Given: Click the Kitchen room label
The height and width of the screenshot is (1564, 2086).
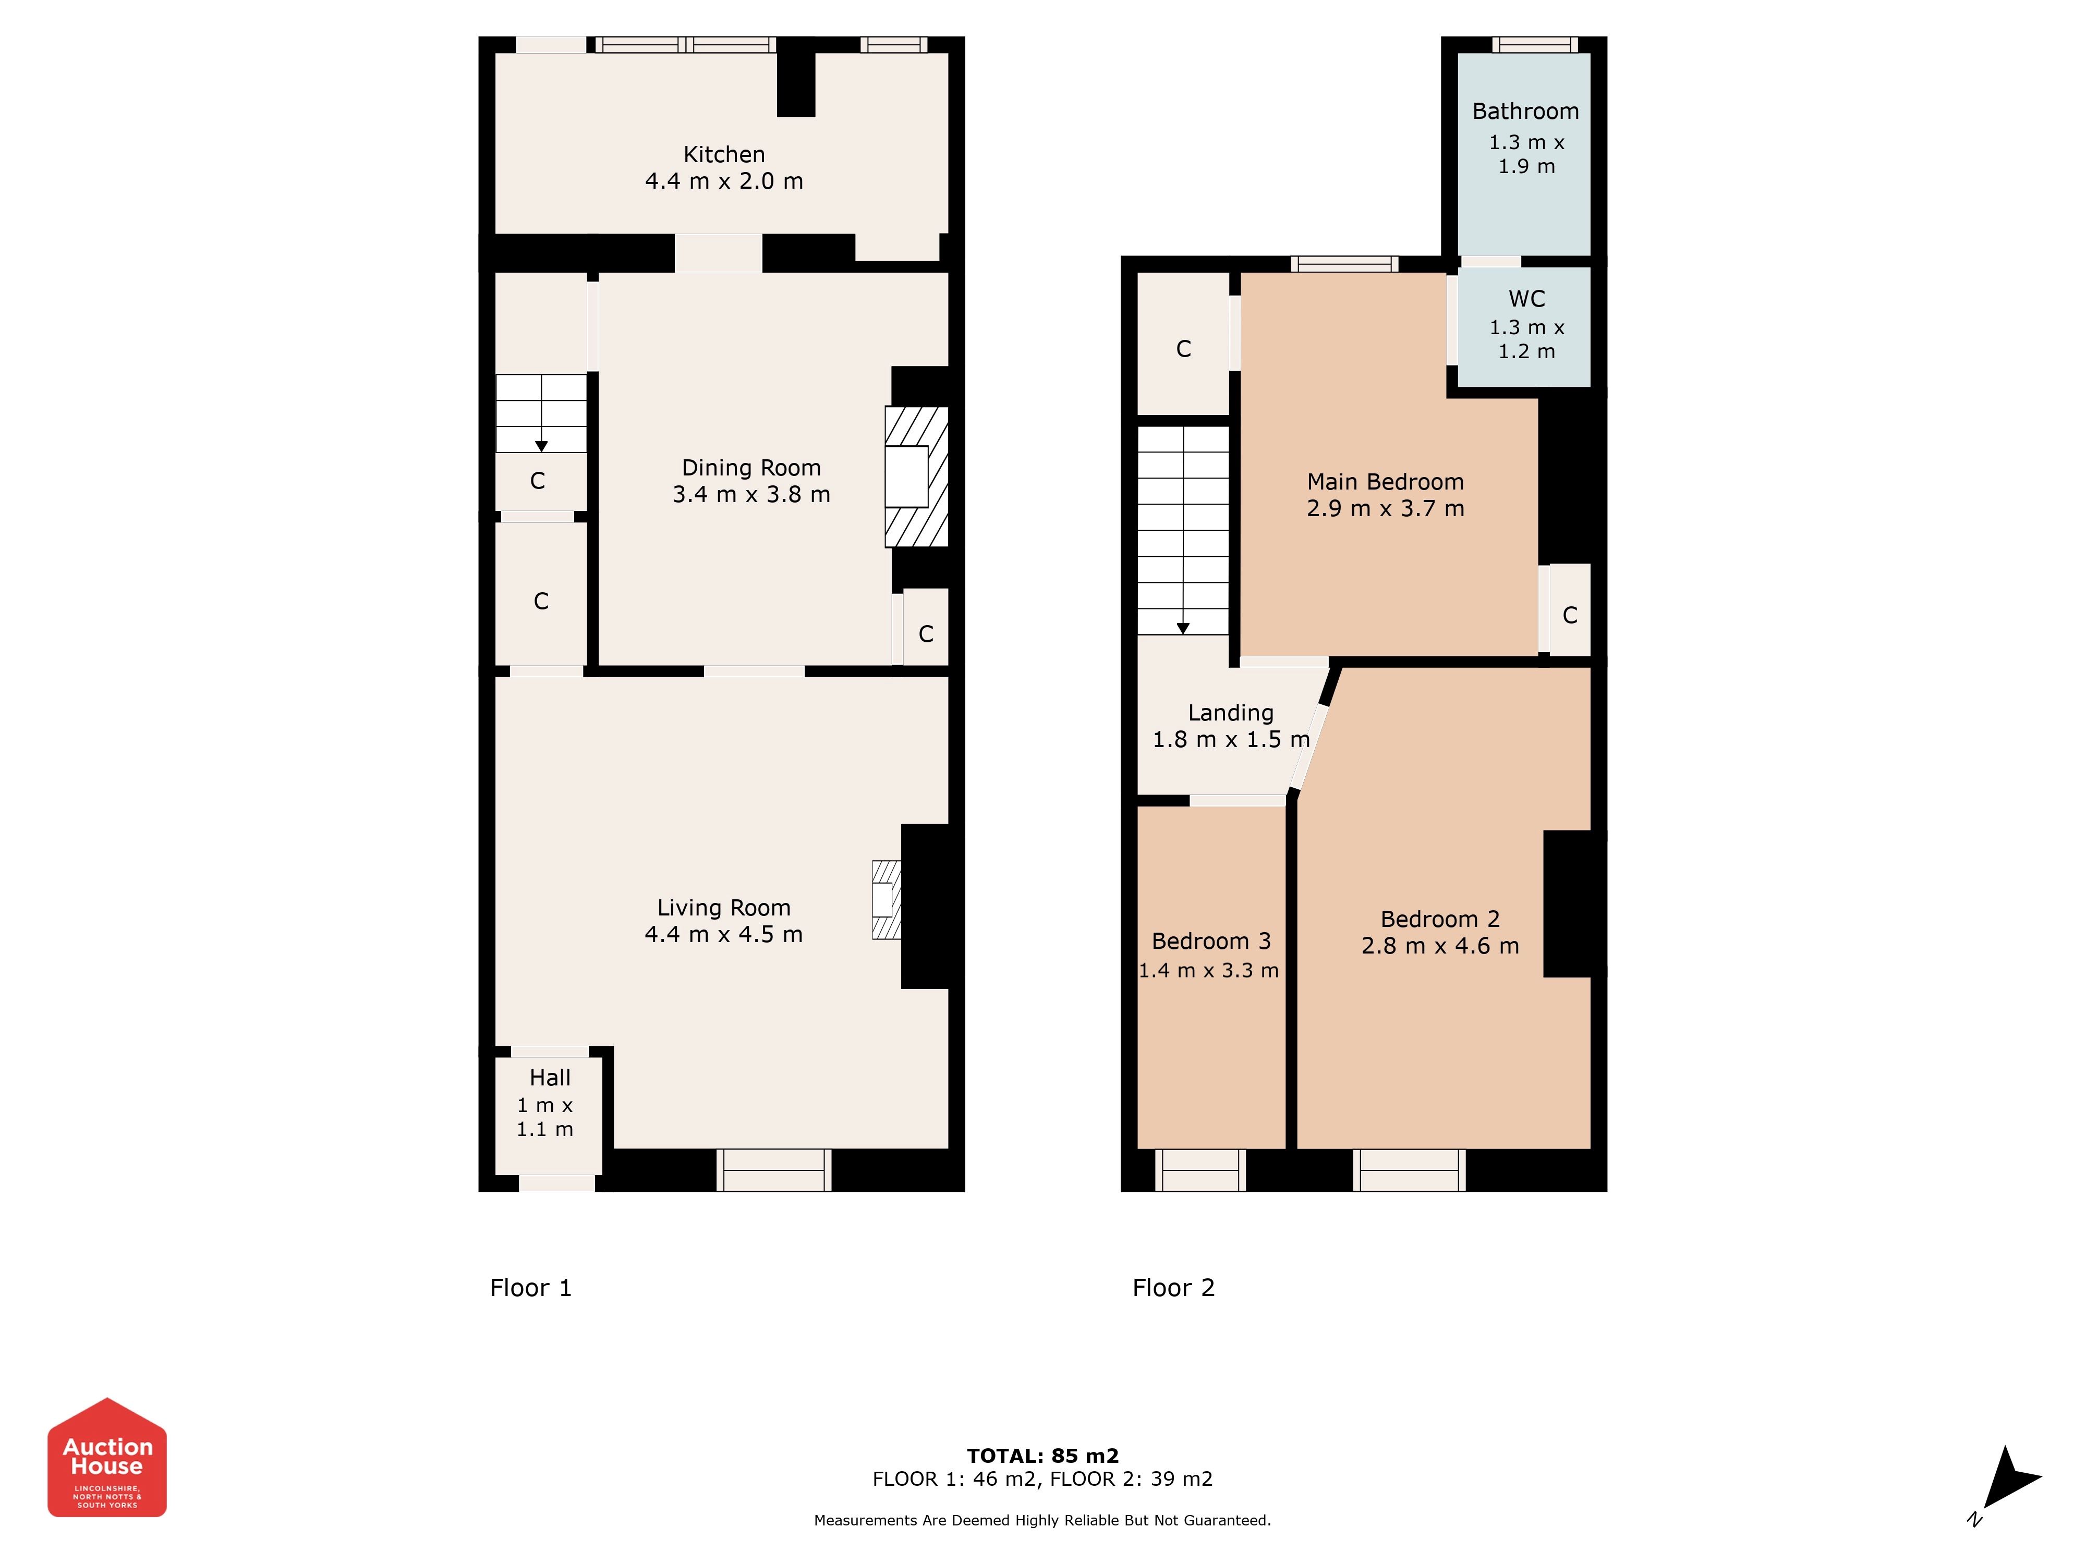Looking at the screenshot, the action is click(724, 155).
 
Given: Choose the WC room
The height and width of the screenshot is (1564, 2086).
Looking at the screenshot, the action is click(1525, 326).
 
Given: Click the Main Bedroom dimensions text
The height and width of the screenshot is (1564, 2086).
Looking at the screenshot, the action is click(1385, 509).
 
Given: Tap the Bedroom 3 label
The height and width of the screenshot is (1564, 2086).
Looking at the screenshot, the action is click(1211, 941).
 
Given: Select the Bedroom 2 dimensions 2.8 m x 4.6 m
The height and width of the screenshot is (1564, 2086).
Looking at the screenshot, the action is click(1440, 946).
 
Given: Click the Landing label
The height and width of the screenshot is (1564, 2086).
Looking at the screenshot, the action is click(1231, 713).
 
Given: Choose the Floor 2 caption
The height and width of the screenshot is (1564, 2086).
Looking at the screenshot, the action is click(1173, 1288).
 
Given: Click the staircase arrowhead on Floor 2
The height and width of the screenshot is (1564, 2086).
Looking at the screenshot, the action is click(1183, 628).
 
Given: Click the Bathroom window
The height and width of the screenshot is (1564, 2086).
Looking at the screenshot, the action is click(1534, 44).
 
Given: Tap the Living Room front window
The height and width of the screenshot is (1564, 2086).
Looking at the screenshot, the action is click(773, 1170).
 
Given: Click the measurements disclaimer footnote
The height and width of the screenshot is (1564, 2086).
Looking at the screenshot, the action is click(1042, 1520).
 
